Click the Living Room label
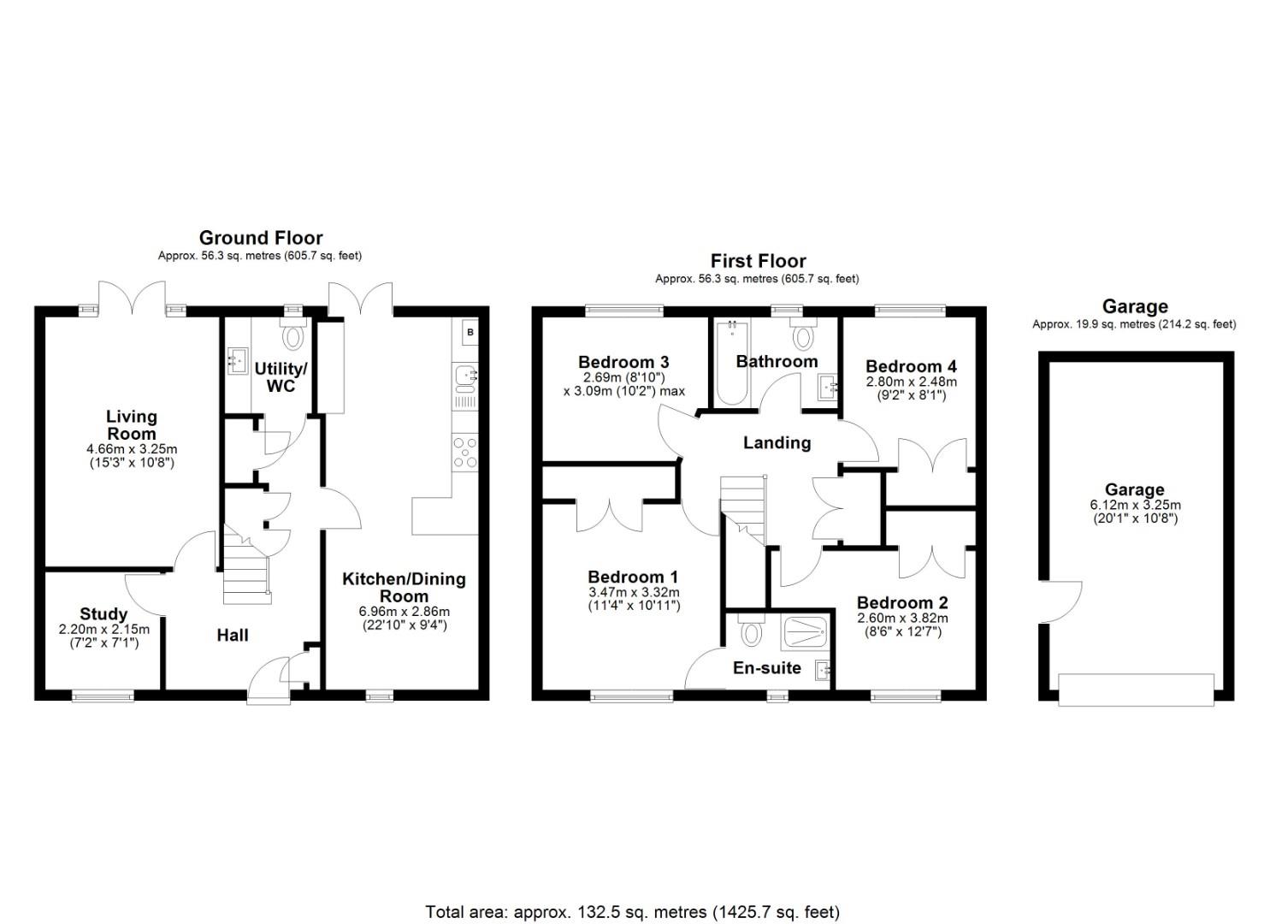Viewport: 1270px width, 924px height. [x=131, y=424]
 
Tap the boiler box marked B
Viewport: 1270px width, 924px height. [x=470, y=332]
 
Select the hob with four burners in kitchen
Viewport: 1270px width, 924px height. [x=466, y=452]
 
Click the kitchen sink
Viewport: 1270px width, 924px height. [x=466, y=376]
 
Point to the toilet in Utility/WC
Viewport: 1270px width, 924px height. [x=293, y=336]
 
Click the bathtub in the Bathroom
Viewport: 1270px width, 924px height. [x=731, y=363]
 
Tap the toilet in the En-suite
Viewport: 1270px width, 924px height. [x=752, y=633]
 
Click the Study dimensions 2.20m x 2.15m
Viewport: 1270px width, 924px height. [x=103, y=629]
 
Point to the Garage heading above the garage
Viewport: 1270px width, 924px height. [x=1134, y=306]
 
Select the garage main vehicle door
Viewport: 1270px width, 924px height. [x=1136, y=690]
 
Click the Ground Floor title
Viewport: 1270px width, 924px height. [x=261, y=238]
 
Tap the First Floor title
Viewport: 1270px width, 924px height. [x=758, y=261]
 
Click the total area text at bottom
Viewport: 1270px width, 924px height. [x=633, y=911]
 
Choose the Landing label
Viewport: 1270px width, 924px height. [x=777, y=442]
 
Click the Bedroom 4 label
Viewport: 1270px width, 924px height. [x=911, y=366]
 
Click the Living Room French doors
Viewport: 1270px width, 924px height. [x=132, y=299]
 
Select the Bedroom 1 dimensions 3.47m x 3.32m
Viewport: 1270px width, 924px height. [x=634, y=592]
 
